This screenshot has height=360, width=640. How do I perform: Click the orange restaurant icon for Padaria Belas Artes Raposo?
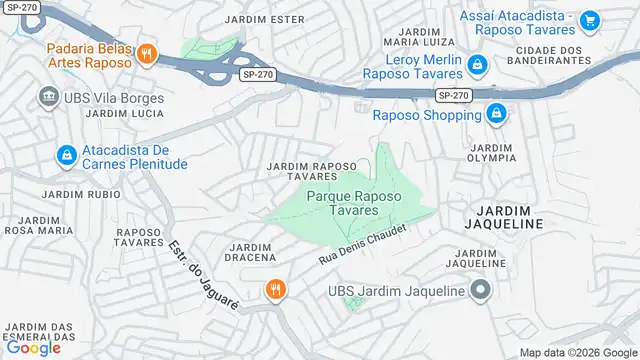click(146, 54)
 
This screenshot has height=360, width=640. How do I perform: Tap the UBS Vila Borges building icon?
click(48, 97)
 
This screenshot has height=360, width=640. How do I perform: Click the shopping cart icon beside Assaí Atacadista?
click(589, 19)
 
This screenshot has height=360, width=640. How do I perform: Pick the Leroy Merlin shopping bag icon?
click(478, 65)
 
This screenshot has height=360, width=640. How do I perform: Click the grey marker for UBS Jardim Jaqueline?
click(480, 291)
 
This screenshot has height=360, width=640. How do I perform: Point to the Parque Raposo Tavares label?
click(355, 204)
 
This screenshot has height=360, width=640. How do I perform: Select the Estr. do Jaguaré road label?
click(201, 274)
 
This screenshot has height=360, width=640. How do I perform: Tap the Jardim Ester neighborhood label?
click(266, 19)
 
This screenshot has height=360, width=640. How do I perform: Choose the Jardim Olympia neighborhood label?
click(491, 152)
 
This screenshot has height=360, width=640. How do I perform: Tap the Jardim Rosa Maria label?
click(39, 224)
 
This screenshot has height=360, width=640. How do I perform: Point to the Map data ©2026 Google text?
click(578, 352)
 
